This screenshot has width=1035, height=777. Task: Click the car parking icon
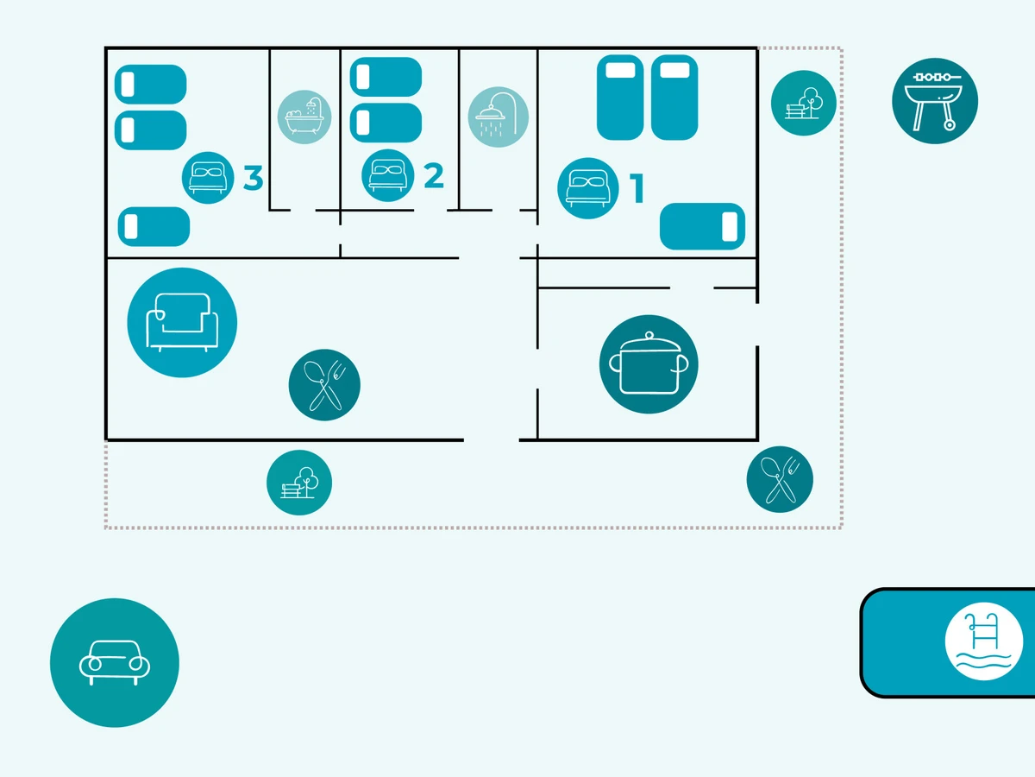115,663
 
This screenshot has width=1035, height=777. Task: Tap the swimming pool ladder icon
983,642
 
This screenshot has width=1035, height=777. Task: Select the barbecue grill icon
935,100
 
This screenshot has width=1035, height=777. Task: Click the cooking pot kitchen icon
649,364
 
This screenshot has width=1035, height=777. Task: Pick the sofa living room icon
182,323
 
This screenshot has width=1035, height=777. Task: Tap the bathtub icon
304,117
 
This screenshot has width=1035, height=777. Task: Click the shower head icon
499,117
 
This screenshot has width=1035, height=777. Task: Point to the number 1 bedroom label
637,189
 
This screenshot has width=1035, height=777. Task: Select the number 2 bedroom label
434,175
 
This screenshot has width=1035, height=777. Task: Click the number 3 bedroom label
253,178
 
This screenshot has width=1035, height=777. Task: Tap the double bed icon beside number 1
588,188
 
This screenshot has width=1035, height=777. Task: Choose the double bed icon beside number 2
388,175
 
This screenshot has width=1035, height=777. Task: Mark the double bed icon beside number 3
209,178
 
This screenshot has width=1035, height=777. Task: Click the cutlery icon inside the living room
324,385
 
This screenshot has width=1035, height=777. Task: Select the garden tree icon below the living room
299,483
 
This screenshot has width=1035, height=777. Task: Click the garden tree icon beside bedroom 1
804,103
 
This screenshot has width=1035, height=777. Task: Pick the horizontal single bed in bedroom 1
702,226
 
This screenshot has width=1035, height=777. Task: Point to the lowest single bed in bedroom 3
154,226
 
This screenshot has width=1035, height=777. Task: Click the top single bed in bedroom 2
386,76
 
